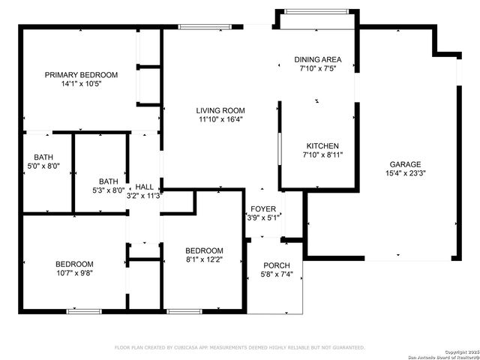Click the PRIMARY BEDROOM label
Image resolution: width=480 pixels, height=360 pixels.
point(81,74)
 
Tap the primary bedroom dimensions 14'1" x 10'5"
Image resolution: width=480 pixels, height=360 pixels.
point(81,84)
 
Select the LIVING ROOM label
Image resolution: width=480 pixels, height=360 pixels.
point(221,110)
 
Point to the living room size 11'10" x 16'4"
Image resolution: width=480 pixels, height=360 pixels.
point(221,119)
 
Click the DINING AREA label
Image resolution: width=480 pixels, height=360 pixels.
point(317,59)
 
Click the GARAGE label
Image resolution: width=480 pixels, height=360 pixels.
point(404,164)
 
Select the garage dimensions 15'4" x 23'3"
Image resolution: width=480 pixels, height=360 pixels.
point(404,173)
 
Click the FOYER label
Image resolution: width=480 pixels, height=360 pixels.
point(263,209)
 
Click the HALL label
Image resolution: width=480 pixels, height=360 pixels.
point(144,187)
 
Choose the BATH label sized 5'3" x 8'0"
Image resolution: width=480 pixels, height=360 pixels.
point(109,181)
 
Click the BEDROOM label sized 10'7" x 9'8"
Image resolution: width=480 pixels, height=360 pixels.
point(74,263)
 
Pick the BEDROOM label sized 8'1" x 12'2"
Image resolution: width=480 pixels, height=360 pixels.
point(204,250)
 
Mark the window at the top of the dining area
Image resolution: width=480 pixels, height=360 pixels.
point(316,12)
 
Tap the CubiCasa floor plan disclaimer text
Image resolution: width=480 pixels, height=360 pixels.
point(239,347)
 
